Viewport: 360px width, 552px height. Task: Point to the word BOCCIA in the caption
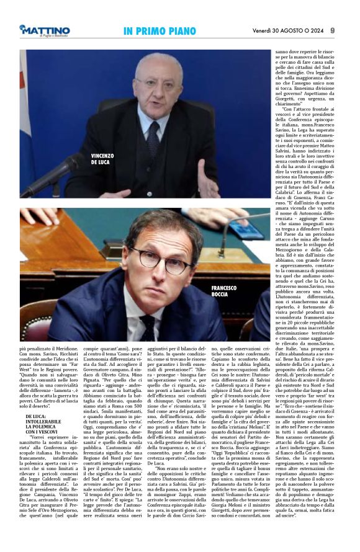220,295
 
